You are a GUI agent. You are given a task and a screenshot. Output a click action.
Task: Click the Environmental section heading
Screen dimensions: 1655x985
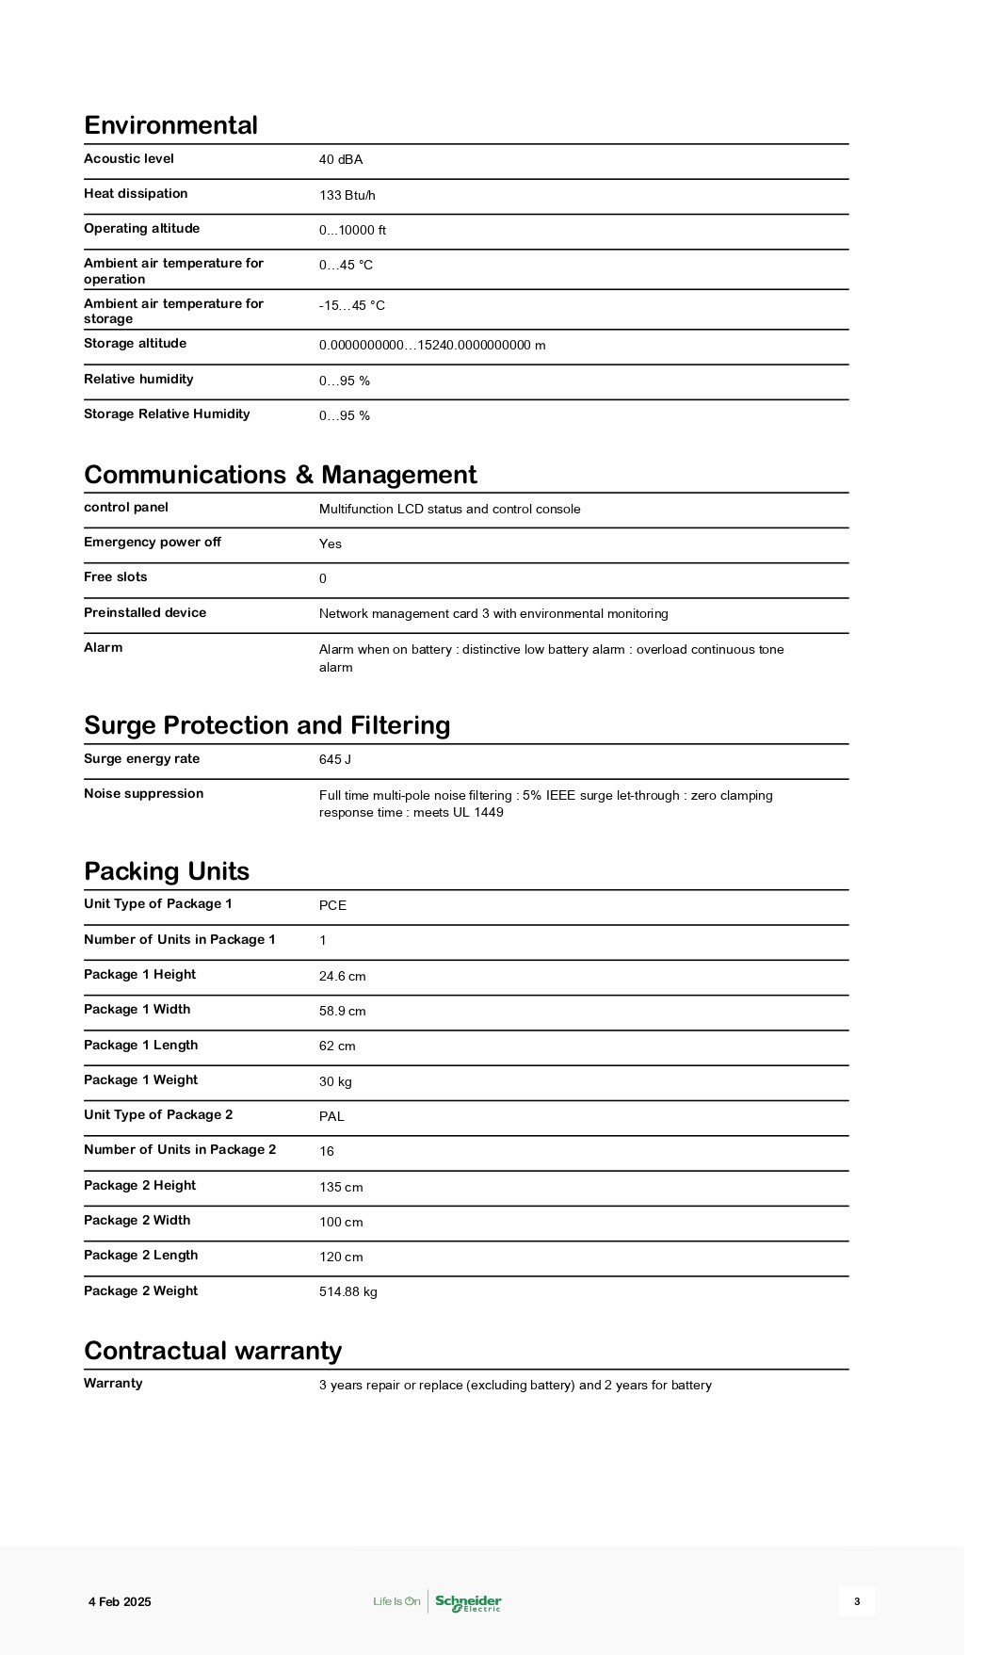(x=170, y=125)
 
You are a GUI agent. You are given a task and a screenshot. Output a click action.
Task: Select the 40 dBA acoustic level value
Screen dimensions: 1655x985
(x=341, y=160)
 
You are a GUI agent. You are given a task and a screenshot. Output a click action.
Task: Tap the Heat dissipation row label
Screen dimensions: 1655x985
(x=136, y=194)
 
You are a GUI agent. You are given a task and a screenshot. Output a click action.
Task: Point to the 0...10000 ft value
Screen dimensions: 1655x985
(x=352, y=231)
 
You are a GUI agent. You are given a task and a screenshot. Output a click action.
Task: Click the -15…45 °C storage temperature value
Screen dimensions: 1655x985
(x=352, y=306)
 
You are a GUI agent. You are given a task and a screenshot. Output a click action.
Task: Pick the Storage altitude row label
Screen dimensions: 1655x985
(x=135, y=344)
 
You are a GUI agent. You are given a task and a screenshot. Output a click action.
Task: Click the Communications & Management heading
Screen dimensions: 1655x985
(x=280, y=475)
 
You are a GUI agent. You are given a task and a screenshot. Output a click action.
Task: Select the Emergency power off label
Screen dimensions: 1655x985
(x=153, y=543)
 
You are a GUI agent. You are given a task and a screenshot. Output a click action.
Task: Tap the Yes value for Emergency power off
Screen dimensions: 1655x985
(x=331, y=544)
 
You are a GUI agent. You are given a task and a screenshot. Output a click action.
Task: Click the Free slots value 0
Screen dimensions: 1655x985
(x=323, y=579)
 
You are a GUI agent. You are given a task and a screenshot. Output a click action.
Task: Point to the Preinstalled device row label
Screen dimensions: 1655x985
(x=145, y=613)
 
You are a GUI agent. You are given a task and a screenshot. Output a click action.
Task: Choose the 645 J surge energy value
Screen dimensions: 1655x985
(x=335, y=760)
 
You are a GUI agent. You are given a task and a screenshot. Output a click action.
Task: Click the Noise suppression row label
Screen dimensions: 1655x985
(x=143, y=794)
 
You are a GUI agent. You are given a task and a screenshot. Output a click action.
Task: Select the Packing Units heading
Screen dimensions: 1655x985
(x=167, y=871)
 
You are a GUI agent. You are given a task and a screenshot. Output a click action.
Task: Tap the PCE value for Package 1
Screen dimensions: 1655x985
(x=332, y=906)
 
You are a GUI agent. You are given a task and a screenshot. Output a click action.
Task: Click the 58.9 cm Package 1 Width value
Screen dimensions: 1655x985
(x=343, y=1012)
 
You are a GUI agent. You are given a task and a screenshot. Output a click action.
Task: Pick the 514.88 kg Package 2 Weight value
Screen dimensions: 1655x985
(x=348, y=1292)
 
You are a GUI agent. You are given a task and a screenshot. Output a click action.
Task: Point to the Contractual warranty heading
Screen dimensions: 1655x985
(x=213, y=1351)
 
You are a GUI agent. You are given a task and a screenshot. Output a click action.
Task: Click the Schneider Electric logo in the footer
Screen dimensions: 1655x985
(x=468, y=1601)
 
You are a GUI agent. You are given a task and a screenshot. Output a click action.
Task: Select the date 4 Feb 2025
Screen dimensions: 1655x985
(x=120, y=1602)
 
